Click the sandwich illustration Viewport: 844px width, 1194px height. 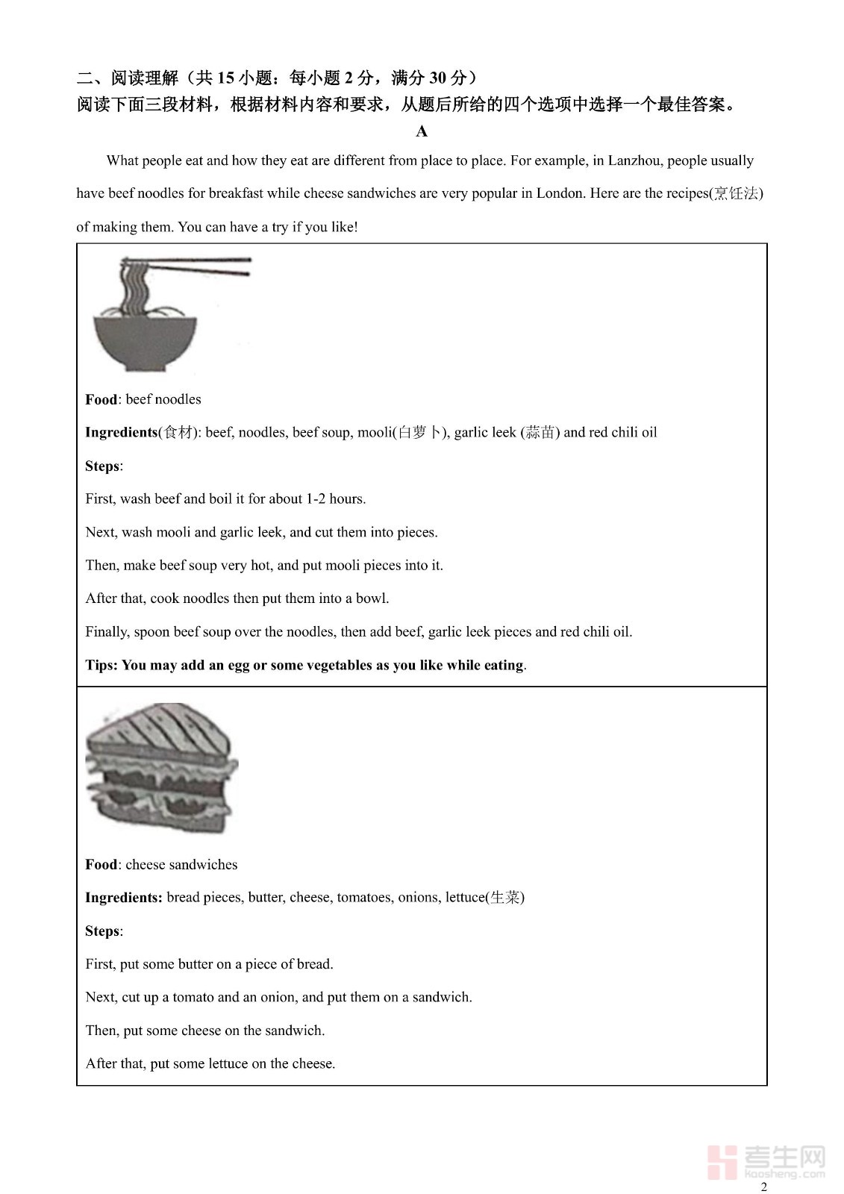(x=161, y=769)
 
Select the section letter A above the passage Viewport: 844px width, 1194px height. (x=422, y=132)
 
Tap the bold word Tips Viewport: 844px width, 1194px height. (x=100, y=665)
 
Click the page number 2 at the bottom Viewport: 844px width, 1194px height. (x=763, y=1187)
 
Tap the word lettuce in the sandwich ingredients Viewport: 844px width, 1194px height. (x=465, y=897)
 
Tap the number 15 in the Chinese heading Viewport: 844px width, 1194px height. (x=226, y=78)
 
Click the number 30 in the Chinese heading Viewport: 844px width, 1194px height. (x=437, y=78)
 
